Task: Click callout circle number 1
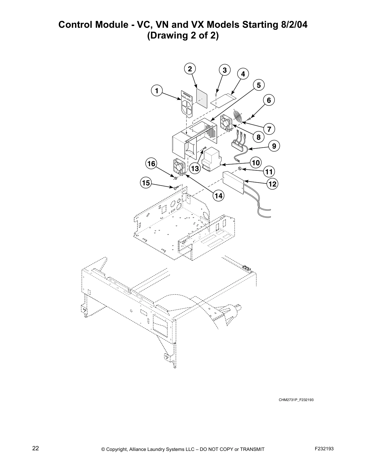[x=157, y=90]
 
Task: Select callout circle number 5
[x=259, y=85]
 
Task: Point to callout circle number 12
[x=272, y=184]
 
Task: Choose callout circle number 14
[x=218, y=196]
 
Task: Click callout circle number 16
[x=151, y=164]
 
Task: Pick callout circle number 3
[x=225, y=70]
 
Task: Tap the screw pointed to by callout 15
[x=176, y=188]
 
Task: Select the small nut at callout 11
[x=240, y=169]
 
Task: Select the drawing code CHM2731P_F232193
[x=296, y=400]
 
